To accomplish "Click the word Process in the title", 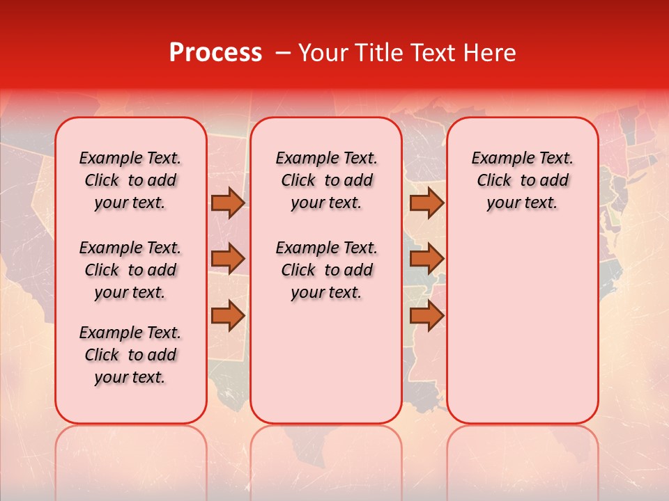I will coord(215,53).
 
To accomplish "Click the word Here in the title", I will coord(491,53).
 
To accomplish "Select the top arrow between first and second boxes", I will coord(228,203).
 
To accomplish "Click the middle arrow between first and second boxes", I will coord(228,259).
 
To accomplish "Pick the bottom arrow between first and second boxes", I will coord(228,315).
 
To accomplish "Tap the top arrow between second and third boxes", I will coord(426,203).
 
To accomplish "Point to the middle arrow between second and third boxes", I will coord(426,259).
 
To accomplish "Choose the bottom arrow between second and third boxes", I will coord(426,315).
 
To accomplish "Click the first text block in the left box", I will coord(130,180).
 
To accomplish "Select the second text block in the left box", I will coord(130,270).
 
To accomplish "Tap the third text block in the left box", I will coord(130,355).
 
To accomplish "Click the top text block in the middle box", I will coord(326,180).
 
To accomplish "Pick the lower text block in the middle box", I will coord(326,270).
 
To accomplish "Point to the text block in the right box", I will coord(522,180).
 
